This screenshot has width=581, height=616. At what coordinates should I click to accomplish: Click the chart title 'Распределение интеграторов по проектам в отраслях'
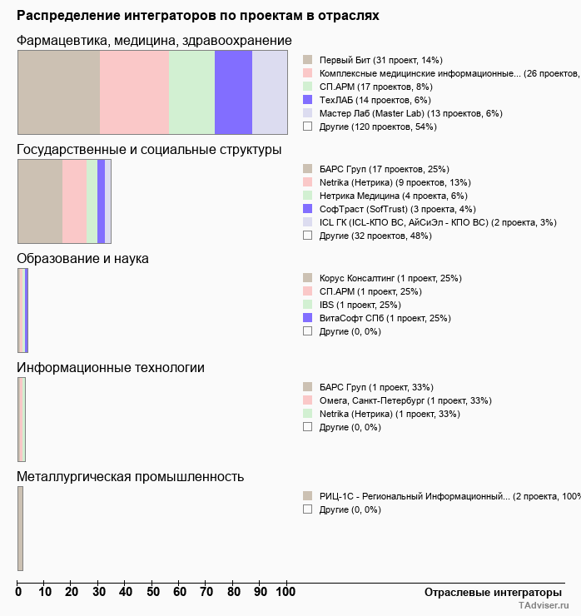pos(198,16)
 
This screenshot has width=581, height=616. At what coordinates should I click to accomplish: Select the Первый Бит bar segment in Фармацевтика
pos(58,92)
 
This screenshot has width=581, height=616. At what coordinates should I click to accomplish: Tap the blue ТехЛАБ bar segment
pos(233,92)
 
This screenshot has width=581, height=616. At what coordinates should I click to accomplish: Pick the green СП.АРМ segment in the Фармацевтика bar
pos(191,92)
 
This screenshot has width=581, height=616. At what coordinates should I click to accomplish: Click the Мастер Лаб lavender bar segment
pos(270,92)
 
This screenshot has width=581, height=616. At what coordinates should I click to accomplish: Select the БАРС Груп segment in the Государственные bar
pos(40,201)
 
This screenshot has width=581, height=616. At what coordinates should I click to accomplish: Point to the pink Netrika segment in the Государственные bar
pos(74,201)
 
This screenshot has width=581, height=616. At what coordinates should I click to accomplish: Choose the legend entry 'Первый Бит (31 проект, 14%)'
pos(380,61)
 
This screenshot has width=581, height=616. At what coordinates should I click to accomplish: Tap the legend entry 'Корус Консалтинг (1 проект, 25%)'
pos(390,278)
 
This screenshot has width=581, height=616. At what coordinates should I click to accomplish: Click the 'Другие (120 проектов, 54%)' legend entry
pos(378,127)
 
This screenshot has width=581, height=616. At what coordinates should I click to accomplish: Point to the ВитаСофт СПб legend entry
pos(385,318)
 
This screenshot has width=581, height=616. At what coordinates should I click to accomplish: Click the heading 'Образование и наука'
pos(82,259)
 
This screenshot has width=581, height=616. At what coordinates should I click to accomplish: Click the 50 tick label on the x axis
pos(152,592)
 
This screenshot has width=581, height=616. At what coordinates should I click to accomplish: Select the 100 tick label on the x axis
pos(286,592)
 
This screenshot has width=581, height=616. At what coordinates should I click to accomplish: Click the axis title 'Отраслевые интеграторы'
pos(488,592)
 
